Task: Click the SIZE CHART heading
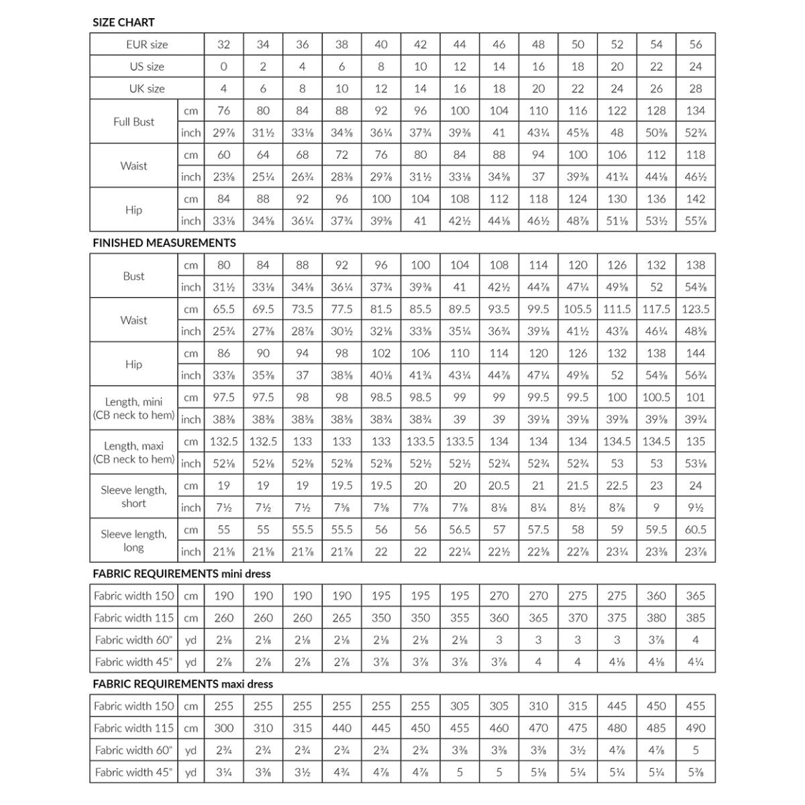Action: [123, 22]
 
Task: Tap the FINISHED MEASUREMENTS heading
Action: [164, 243]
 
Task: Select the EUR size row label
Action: [148, 44]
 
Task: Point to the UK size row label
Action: [147, 89]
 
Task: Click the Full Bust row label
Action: [133, 121]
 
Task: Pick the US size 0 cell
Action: [223, 66]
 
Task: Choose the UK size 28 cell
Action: [696, 89]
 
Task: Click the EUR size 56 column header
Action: [696, 44]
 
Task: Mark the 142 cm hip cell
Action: [696, 199]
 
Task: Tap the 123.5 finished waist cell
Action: [696, 309]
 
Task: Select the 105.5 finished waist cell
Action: [578, 309]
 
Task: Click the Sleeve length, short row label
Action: [133, 496]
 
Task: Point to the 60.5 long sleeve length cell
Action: [696, 529]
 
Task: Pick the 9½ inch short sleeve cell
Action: [696, 508]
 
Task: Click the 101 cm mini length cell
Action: [696, 397]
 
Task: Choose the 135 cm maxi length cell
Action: [696, 441]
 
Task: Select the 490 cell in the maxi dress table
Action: [696, 728]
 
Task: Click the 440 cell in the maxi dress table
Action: [341, 728]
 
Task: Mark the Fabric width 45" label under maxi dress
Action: [133, 772]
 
